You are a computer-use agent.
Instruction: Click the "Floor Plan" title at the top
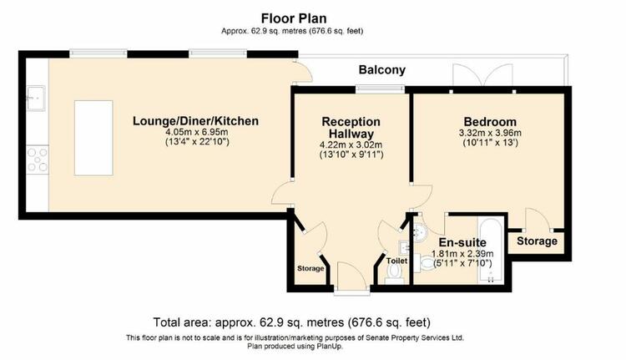[x=294, y=18]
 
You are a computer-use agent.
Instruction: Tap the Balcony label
[x=382, y=70]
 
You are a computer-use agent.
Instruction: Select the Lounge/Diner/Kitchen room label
[x=195, y=120]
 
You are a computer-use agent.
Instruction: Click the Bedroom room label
[x=490, y=121]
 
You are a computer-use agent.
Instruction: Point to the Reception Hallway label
[x=351, y=128]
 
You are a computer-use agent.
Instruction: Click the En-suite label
[x=462, y=242]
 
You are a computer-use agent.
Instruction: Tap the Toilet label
[x=396, y=261]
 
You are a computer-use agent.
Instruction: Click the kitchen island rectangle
[x=93, y=139]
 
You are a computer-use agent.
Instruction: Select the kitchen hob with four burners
[x=38, y=160]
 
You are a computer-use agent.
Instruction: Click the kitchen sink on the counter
[x=36, y=98]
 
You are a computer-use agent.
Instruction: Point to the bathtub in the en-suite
[x=491, y=251]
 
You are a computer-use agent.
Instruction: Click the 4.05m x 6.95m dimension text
[x=196, y=133]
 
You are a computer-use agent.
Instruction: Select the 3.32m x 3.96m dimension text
[x=490, y=134]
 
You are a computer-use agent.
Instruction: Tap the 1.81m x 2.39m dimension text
[x=462, y=254]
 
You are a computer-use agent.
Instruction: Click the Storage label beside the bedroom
[x=537, y=241]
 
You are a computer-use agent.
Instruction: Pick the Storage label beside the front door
[x=310, y=268]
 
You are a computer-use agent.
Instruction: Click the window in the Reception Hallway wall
[x=380, y=89]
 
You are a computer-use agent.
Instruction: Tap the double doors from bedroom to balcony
[x=482, y=76]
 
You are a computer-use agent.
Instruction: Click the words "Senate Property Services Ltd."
[x=415, y=337]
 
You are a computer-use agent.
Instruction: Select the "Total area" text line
[x=292, y=322]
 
